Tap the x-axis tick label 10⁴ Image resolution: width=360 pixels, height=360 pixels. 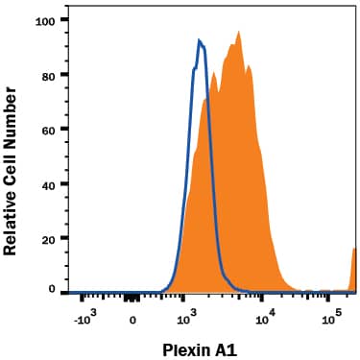[x=268, y=316]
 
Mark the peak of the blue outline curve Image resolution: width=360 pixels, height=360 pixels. [x=199, y=40]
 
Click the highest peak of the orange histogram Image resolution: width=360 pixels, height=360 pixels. [x=238, y=32]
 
